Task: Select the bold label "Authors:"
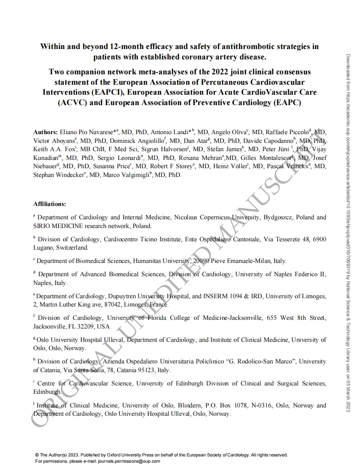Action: pos(45,132)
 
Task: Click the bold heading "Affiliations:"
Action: pos(49,204)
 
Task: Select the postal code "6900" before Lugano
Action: pos(318,239)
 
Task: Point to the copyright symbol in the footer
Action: pos(37,455)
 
